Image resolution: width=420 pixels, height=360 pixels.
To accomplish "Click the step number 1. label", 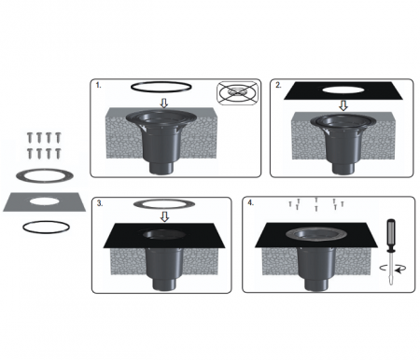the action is click(98, 85).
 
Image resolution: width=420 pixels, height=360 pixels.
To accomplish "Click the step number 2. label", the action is click(278, 85).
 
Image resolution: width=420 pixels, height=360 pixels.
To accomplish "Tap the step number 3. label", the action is click(100, 203).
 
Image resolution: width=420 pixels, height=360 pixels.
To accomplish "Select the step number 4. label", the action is click(251, 202).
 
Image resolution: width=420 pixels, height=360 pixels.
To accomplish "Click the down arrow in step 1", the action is click(164, 104).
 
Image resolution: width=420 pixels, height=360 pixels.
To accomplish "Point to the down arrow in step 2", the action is click(343, 105).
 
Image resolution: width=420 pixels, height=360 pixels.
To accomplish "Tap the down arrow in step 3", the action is click(164, 216).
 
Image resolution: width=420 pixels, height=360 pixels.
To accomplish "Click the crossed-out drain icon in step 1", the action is click(238, 92).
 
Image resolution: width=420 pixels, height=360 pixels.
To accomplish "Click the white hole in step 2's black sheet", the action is click(343, 90).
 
